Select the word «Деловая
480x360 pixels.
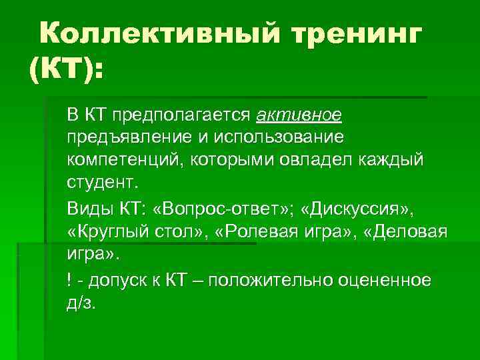(401, 233)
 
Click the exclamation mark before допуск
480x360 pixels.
(69, 280)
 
